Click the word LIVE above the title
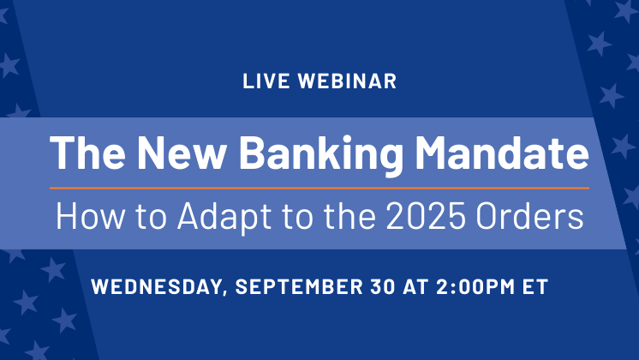266,81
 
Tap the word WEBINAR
347,81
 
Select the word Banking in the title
320,153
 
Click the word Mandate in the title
502,152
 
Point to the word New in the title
181,152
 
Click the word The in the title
87,152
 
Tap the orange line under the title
319,188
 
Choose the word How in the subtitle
90,216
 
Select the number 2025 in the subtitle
426,216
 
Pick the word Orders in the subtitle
529,216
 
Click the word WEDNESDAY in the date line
156,286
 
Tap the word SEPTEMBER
299,286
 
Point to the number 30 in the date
383,286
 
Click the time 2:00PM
475,286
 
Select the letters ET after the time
535,286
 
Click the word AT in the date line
415,286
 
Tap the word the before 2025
349,216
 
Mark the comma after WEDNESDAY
225,293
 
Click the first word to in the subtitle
151,217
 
